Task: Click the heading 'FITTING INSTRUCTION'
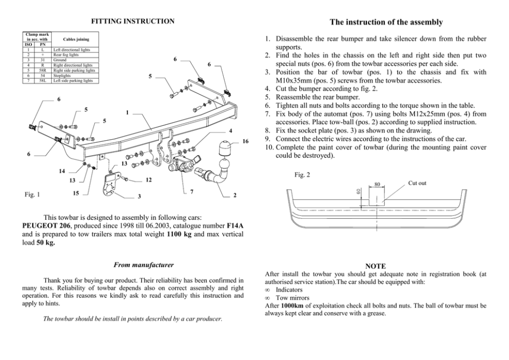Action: pyautogui.click(x=132, y=21)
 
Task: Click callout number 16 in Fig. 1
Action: pyautogui.click(x=245, y=141)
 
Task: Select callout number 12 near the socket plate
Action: pyautogui.click(x=148, y=180)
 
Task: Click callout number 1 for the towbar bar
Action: pyautogui.click(x=126, y=112)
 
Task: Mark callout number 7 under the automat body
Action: pyautogui.click(x=191, y=192)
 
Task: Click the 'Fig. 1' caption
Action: pyautogui.click(x=32, y=194)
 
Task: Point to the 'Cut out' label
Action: pyautogui.click(x=417, y=183)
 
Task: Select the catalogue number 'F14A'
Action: pyautogui.click(x=234, y=225)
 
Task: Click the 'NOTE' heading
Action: pyautogui.click(x=375, y=266)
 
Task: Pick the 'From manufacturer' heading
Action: pyautogui.click(x=143, y=265)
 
